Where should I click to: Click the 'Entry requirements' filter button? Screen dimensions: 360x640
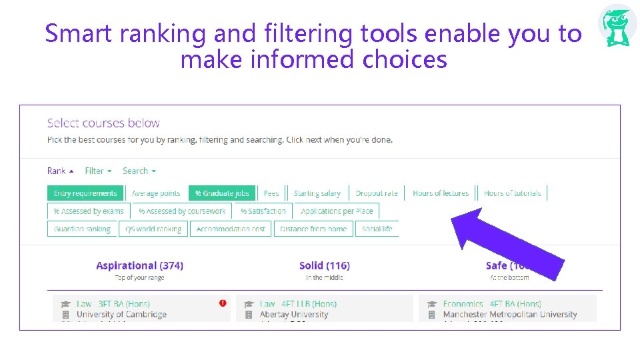click(85, 193)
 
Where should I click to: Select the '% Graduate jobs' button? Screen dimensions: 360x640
click(222, 193)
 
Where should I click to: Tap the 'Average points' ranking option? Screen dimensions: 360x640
click(156, 193)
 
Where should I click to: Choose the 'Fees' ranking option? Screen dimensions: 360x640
click(271, 193)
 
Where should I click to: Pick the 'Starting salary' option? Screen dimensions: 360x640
click(317, 193)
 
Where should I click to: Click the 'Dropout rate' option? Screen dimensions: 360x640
click(376, 193)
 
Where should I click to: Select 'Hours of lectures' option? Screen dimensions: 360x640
click(441, 193)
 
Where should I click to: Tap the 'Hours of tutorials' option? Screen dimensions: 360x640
click(512, 193)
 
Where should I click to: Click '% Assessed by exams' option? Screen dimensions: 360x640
click(89, 211)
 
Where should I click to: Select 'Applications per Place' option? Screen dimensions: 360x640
click(337, 211)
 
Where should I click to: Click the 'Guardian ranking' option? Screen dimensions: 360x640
click(82, 229)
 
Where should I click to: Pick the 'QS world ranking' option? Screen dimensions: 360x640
click(153, 229)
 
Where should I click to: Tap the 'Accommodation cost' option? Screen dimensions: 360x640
click(231, 229)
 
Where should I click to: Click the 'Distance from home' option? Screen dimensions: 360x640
click(313, 229)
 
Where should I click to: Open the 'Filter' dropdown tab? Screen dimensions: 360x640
click(98, 171)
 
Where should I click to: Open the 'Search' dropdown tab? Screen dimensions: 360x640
click(139, 171)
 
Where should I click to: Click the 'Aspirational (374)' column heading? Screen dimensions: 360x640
click(139, 265)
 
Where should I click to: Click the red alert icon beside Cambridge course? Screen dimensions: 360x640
click(223, 303)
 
